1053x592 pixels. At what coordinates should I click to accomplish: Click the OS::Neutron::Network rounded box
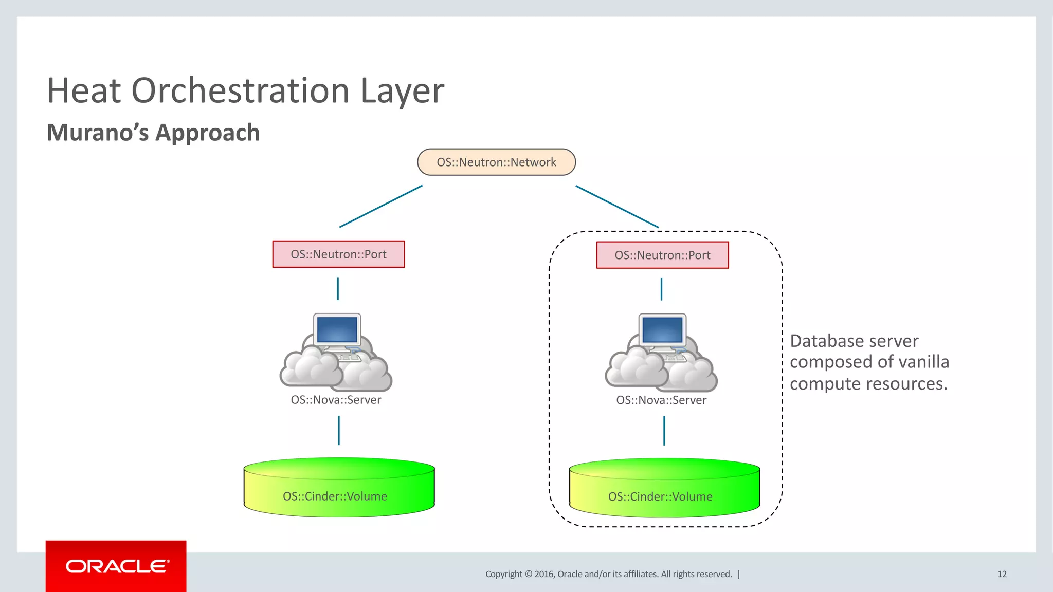496,162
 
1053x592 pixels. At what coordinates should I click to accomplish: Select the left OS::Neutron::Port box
338,254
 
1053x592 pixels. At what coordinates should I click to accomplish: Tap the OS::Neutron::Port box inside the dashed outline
662,255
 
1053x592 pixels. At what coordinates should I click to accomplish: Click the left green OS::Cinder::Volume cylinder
339,488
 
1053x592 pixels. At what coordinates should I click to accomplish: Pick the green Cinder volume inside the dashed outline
664,489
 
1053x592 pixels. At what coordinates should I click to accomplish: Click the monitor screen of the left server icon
337,329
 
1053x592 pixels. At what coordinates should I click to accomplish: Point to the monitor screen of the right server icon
662,329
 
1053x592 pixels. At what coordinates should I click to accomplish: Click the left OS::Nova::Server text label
336,400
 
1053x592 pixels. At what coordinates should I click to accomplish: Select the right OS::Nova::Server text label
661,400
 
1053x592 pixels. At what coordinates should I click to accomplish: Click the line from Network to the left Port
381,206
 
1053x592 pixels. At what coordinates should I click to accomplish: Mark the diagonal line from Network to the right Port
617,207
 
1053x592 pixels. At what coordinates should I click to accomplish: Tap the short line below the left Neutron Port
338,289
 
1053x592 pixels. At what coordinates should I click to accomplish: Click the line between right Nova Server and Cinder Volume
664,431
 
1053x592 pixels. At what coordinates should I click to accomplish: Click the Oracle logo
116,566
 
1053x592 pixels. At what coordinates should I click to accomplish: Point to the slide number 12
1002,574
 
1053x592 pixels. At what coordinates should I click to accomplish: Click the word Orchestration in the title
241,91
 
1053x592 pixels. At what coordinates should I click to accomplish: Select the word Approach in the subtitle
207,133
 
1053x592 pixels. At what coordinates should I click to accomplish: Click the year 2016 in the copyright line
543,574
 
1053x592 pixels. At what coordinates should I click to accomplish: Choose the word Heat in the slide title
84,91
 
